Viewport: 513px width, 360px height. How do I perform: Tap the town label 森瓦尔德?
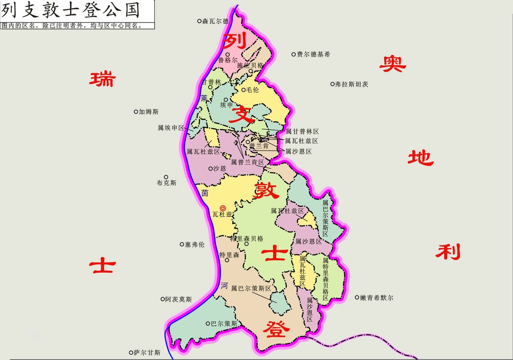(215, 21)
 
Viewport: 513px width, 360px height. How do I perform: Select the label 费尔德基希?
(314, 54)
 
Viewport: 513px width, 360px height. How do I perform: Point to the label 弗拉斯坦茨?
(351, 84)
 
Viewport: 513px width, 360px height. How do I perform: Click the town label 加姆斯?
(148, 112)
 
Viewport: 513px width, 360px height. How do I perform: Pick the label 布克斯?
(166, 183)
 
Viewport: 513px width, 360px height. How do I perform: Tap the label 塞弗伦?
(195, 245)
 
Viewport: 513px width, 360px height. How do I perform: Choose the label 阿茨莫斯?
(178, 299)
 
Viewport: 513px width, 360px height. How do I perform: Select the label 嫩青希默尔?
(377, 298)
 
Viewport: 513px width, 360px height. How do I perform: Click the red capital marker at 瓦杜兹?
(223, 207)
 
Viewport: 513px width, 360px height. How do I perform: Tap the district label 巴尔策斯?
(224, 324)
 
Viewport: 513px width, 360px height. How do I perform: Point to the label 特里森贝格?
(247, 239)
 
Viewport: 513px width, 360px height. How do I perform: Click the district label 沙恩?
(220, 168)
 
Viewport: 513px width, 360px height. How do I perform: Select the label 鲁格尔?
(227, 60)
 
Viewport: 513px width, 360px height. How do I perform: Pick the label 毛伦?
(252, 90)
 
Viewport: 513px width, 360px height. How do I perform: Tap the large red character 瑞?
(102, 79)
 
